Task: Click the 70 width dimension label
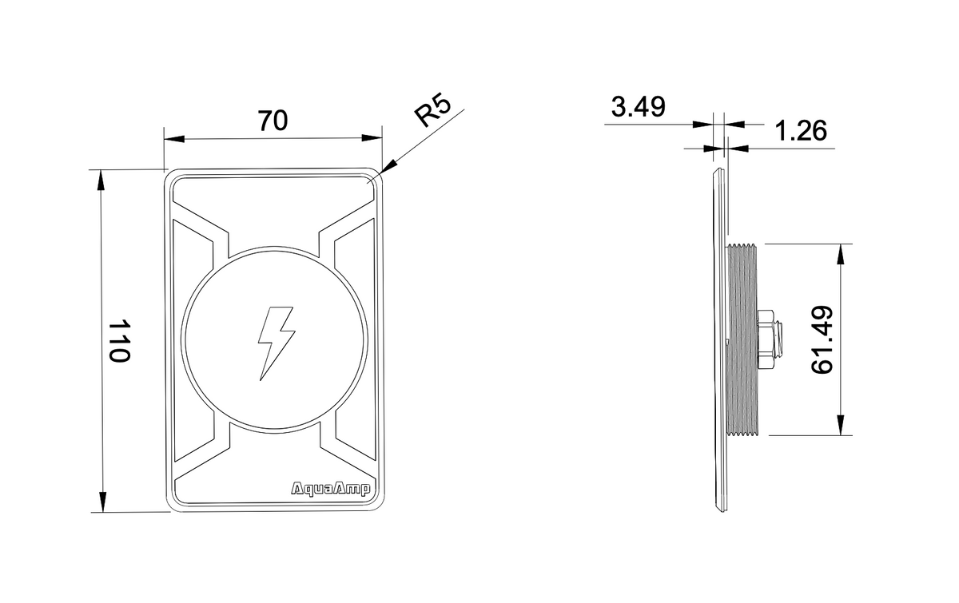pyautogui.click(x=273, y=120)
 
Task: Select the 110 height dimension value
pyautogui.click(x=119, y=341)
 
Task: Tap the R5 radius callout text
pyautogui.click(x=433, y=111)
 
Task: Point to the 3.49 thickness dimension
pyautogui.click(x=638, y=107)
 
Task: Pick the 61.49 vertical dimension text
pyautogui.click(x=822, y=339)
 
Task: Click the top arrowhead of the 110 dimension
pyautogui.click(x=101, y=181)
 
